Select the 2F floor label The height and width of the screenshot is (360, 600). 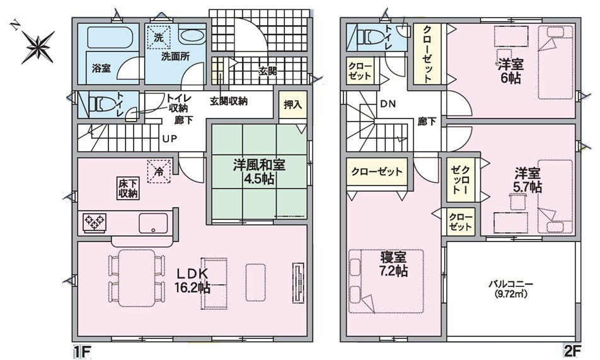[571, 349]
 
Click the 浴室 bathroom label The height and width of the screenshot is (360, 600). [101, 67]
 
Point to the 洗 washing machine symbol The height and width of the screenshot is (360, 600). [159, 38]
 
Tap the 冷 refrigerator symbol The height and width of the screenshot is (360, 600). [159, 170]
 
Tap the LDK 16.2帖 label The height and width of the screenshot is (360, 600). [192, 281]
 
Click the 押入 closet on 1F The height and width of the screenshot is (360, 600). [291, 105]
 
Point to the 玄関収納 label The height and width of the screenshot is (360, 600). [228, 101]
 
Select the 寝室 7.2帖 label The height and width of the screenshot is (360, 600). [393, 265]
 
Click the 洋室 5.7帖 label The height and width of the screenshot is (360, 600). [527, 180]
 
